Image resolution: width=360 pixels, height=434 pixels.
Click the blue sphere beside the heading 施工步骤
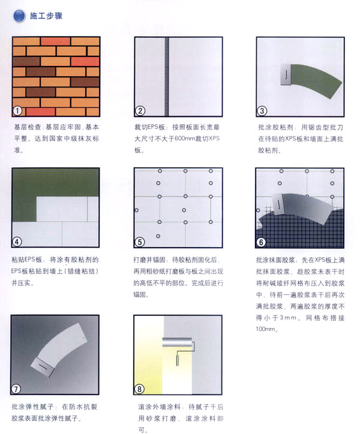[19, 16]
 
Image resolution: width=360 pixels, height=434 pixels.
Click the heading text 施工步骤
[46, 16]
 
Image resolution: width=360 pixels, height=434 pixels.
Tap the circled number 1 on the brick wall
[17, 111]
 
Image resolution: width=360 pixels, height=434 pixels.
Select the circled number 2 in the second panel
[140, 111]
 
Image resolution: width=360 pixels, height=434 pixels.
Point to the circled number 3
[262, 111]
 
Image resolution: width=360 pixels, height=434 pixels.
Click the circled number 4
[17, 242]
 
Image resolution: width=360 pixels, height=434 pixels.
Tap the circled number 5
[140, 242]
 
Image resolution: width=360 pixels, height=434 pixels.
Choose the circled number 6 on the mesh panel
[261, 242]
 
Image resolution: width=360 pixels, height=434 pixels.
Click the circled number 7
[16, 389]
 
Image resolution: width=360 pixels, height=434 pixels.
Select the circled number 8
[139, 389]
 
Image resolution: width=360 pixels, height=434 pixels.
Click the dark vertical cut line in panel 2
[167, 77]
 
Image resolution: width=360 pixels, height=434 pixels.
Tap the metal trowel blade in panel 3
[286, 74]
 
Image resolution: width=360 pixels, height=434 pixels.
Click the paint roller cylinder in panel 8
[177, 342]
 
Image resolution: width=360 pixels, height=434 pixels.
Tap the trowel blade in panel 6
[278, 204]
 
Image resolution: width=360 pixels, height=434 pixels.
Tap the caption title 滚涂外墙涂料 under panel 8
[160, 407]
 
